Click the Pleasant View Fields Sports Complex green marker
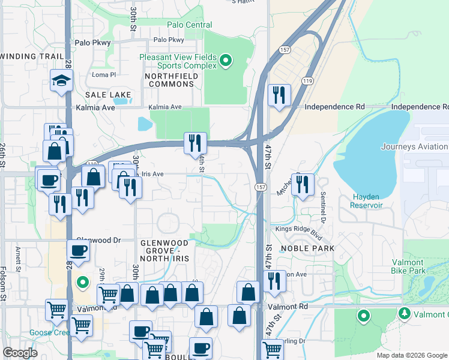click(x=226, y=59)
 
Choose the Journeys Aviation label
click(x=414, y=146)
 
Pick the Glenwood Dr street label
click(x=100, y=239)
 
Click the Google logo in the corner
click(x=20, y=353)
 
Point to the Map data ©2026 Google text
click(x=411, y=355)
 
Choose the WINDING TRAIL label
click(x=32, y=56)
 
